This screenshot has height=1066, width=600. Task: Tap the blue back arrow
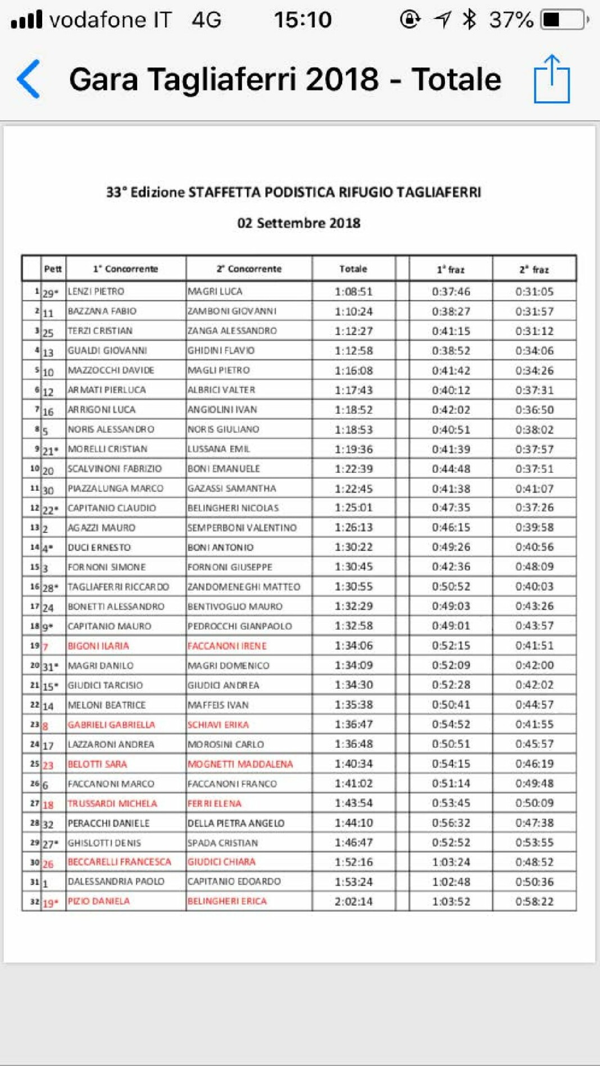coord(29,79)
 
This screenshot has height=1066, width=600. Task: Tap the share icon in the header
coord(552,79)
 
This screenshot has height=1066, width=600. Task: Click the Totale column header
coord(353,269)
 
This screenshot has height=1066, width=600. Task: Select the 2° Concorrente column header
coord(249,269)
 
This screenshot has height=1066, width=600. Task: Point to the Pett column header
coord(53,269)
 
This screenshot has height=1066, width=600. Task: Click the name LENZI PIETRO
coord(96,291)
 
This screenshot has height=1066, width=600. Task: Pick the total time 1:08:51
coord(353,291)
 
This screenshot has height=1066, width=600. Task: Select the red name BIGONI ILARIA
coord(98,645)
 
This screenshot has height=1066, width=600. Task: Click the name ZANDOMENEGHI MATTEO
coord(244,586)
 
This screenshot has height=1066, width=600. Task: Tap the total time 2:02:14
coord(353,901)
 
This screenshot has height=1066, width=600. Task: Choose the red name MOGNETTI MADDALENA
coord(240,764)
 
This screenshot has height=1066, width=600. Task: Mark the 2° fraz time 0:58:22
coord(534,901)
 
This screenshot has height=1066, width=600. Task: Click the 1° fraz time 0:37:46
coord(451,291)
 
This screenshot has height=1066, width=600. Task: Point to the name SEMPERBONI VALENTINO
coord(242,527)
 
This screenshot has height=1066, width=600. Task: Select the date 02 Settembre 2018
coord(299,223)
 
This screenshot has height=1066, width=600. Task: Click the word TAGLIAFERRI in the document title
coord(439,192)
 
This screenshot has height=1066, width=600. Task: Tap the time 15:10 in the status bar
coord(303,20)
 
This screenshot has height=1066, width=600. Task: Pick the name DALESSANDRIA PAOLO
coord(116,881)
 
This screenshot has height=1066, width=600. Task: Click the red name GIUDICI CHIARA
coord(221,861)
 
